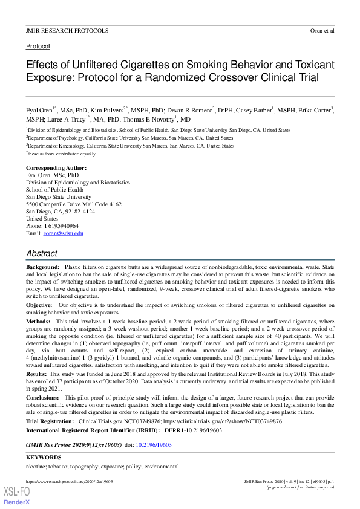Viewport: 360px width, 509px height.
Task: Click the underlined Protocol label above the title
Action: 38,46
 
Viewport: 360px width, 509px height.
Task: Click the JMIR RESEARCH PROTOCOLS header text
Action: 67,30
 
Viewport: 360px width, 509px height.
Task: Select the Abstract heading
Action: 42,254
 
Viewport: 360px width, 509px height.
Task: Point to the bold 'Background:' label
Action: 42,267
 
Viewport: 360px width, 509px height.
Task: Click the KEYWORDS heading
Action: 44,458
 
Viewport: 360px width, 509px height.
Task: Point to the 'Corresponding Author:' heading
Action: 56,167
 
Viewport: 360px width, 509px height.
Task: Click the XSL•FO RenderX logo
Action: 16,496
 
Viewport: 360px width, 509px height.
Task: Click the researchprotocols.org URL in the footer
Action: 69,481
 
